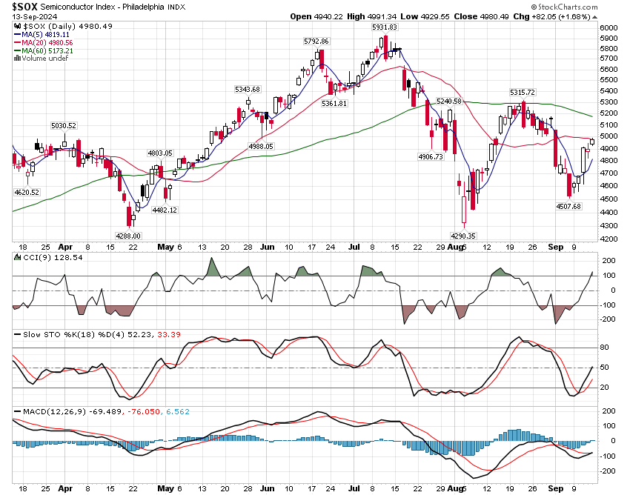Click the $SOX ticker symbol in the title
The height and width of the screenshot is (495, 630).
26,5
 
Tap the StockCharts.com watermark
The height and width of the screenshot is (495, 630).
586,5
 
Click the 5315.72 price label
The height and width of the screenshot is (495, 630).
521,92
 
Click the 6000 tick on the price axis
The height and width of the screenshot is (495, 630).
608,28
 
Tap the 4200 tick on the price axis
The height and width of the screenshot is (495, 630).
608,239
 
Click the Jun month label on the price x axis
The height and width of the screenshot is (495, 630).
266,247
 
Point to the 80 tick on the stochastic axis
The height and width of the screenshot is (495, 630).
603,347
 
